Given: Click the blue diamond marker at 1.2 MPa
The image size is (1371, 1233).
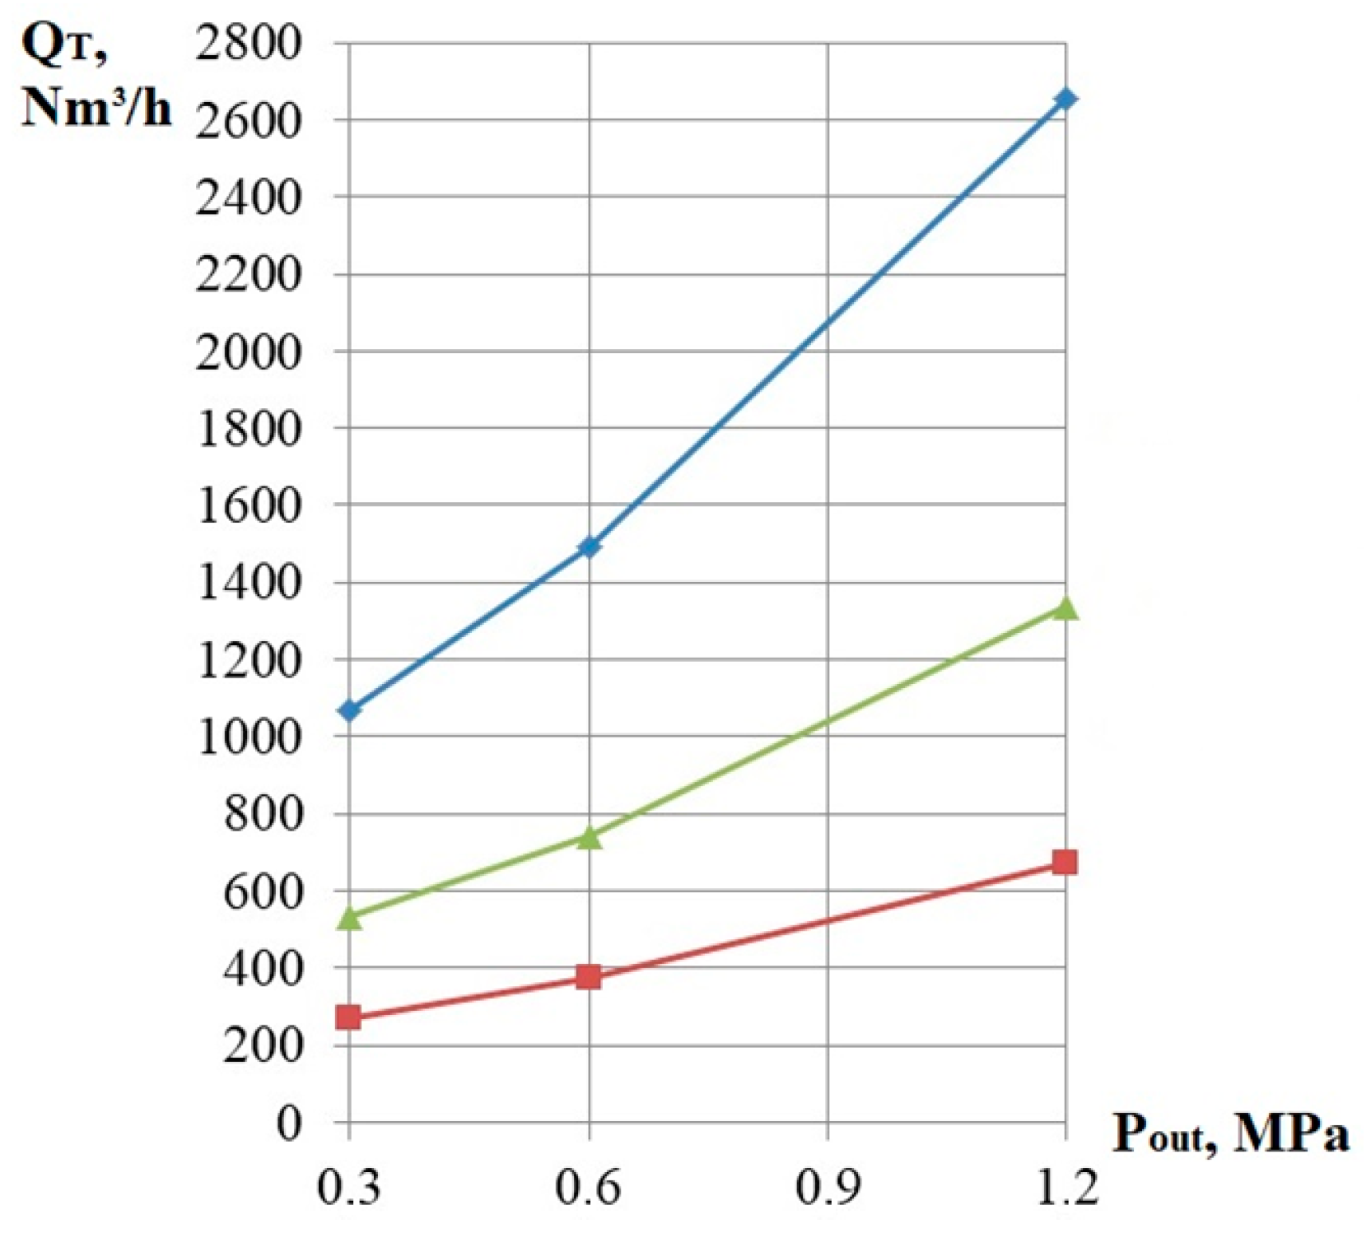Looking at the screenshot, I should (x=1066, y=100).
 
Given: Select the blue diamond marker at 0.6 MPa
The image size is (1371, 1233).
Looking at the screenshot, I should (x=589, y=547).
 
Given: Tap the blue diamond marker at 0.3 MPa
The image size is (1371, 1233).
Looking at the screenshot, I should (x=350, y=710).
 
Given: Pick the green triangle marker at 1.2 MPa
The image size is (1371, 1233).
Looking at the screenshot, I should (x=1066, y=608).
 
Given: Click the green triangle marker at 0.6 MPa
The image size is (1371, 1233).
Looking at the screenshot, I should (x=589, y=837).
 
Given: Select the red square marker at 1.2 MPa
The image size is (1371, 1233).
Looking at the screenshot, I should (x=1065, y=862).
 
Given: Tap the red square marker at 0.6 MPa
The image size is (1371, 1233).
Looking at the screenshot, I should (x=589, y=977).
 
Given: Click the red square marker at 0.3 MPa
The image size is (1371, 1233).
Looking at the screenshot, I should (x=349, y=1017).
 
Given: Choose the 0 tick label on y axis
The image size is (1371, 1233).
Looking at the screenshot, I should (x=289, y=1123).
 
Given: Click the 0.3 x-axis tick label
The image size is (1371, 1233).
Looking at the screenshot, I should (x=349, y=1187).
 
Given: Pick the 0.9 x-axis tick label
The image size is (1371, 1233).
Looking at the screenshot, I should (x=827, y=1187).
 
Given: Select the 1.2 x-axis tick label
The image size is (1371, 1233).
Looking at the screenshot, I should (x=1066, y=1187).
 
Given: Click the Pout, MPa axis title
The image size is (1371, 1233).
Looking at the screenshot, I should (x=1231, y=1135).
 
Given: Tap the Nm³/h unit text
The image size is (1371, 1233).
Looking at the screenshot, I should (x=96, y=107).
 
